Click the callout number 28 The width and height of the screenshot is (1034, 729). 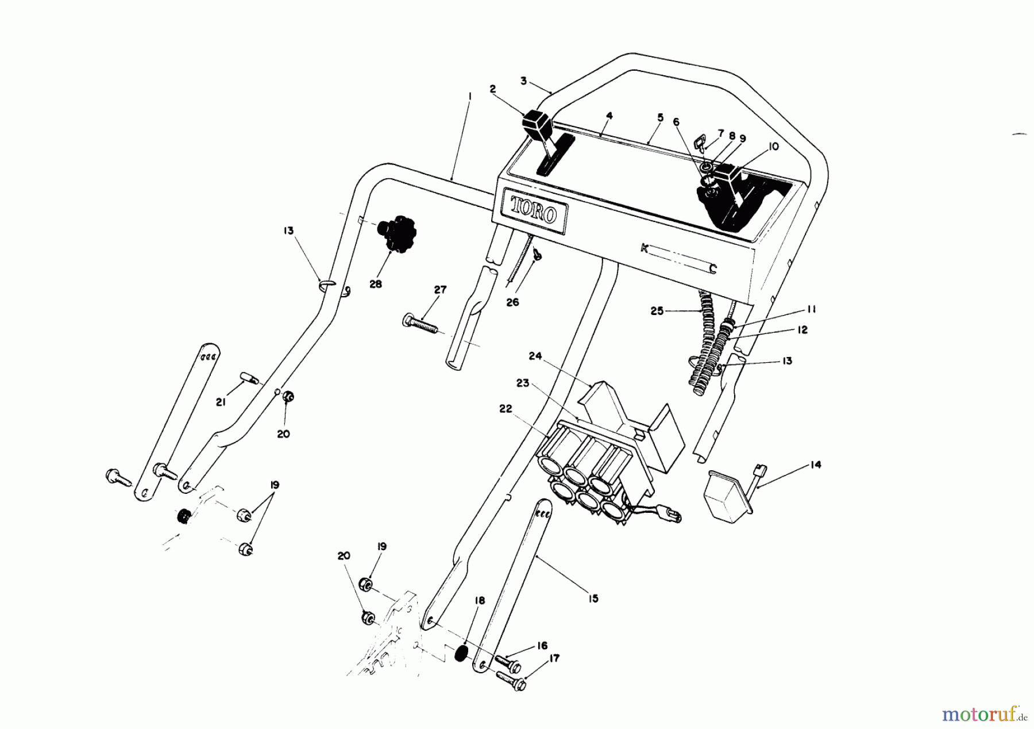(376, 284)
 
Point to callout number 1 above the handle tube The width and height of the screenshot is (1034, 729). (470, 97)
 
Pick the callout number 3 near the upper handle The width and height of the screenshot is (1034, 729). (523, 82)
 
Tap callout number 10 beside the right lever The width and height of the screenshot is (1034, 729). (773, 147)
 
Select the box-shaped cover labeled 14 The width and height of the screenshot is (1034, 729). (725, 495)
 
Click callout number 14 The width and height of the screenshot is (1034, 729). (815, 465)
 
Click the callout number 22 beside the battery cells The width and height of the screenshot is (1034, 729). (506, 409)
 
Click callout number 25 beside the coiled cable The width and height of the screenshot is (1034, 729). (657, 311)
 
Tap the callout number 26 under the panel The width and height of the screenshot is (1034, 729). (512, 302)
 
